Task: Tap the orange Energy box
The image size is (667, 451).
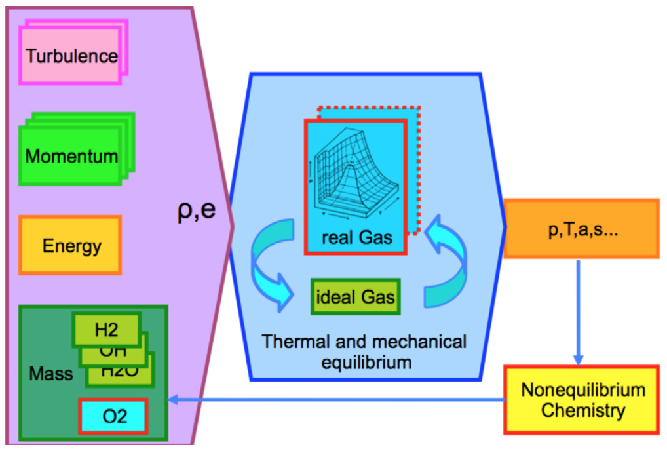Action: [x=71, y=246]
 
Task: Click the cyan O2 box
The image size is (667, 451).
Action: [x=113, y=416]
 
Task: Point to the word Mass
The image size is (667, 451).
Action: [x=50, y=374]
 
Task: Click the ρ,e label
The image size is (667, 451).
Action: [x=197, y=212]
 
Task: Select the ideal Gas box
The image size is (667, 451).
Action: [x=355, y=297]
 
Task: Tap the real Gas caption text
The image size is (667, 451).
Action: [x=356, y=237]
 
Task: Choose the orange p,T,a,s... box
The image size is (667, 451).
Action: [x=581, y=229]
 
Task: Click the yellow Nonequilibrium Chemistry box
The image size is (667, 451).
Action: [x=582, y=401]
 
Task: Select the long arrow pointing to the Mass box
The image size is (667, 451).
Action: [x=334, y=399]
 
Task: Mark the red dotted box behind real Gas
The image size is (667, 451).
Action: [x=414, y=170]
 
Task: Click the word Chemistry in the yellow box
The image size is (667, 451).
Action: [x=582, y=411]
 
